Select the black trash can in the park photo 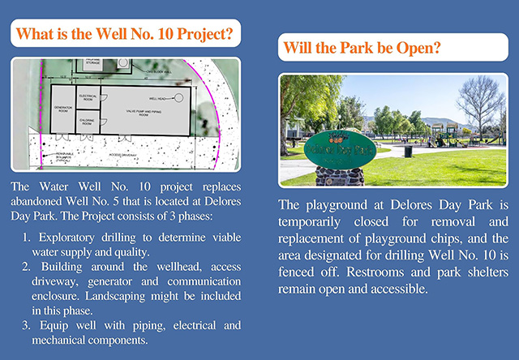coord(408,151)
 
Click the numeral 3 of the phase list coord(27,326)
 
